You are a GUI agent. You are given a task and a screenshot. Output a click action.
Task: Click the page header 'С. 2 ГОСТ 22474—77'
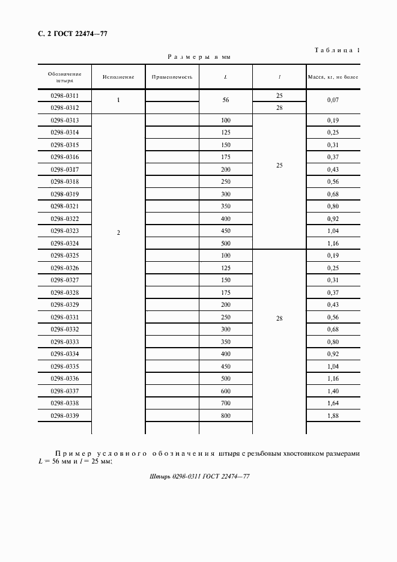click(68, 34)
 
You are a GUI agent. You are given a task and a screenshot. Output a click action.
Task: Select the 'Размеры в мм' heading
click(199, 57)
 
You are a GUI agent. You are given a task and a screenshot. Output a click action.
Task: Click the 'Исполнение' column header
click(118, 77)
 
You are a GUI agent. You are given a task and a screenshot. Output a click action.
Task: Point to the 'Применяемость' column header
click(172, 77)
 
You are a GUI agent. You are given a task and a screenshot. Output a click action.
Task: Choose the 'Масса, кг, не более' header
click(333, 77)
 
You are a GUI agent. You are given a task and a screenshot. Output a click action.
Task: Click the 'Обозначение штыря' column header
click(65, 77)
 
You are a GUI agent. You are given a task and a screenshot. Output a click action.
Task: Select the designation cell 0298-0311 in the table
click(65, 95)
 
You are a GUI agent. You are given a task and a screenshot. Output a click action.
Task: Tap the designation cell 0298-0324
click(65, 243)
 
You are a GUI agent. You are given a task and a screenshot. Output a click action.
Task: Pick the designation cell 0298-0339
click(65, 415)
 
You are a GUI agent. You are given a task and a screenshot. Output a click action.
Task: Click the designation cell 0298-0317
click(65, 169)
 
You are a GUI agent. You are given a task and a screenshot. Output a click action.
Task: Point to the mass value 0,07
click(333, 101)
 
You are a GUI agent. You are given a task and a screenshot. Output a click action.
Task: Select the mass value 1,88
click(333, 415)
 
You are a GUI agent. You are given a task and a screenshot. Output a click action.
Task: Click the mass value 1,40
click(333, 391)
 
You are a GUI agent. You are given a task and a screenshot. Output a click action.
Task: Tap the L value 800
click(226, 415)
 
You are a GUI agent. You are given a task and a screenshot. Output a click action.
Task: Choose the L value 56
click(226, 101)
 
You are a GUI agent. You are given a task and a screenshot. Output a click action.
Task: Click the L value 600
click(226, 391)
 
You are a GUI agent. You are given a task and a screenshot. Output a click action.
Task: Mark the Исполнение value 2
click(118, 232)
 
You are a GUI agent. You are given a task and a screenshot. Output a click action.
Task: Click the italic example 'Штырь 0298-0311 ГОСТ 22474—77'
click(198, 476)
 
